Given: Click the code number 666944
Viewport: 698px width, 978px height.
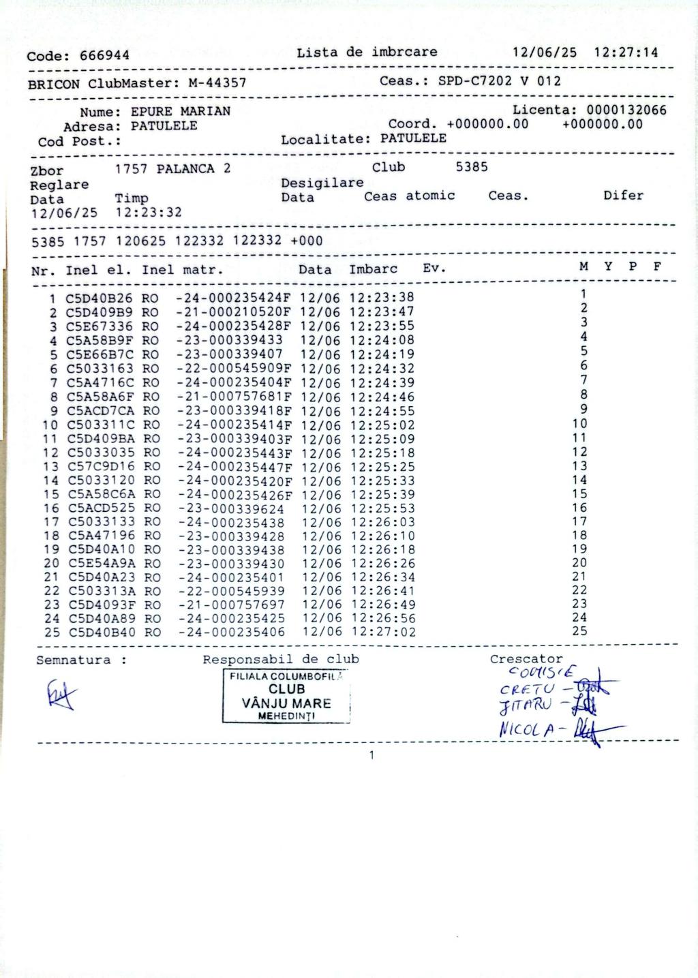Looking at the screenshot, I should [x=104, y=56].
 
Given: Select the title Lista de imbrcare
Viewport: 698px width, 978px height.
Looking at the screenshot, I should [x=367, y=52].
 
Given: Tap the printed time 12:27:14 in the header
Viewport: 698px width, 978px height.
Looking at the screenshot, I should [x=626, y=52].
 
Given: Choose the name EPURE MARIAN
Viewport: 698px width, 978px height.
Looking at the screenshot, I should [x=181, y=111].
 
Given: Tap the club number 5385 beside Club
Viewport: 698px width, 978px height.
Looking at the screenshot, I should [x=472, y=167].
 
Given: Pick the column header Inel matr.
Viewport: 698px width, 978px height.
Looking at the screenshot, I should [x=182, y=270].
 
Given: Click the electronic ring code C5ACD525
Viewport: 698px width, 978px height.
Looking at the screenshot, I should [x=101, y=508].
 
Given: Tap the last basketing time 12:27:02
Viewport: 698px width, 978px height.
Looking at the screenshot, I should [x=384, y=632].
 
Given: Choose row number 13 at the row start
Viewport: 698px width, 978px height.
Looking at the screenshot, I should [x=51, y=467].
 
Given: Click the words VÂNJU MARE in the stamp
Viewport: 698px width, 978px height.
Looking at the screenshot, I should [x=286, y=703].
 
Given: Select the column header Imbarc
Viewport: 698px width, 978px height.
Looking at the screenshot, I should [x=373, y=269].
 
